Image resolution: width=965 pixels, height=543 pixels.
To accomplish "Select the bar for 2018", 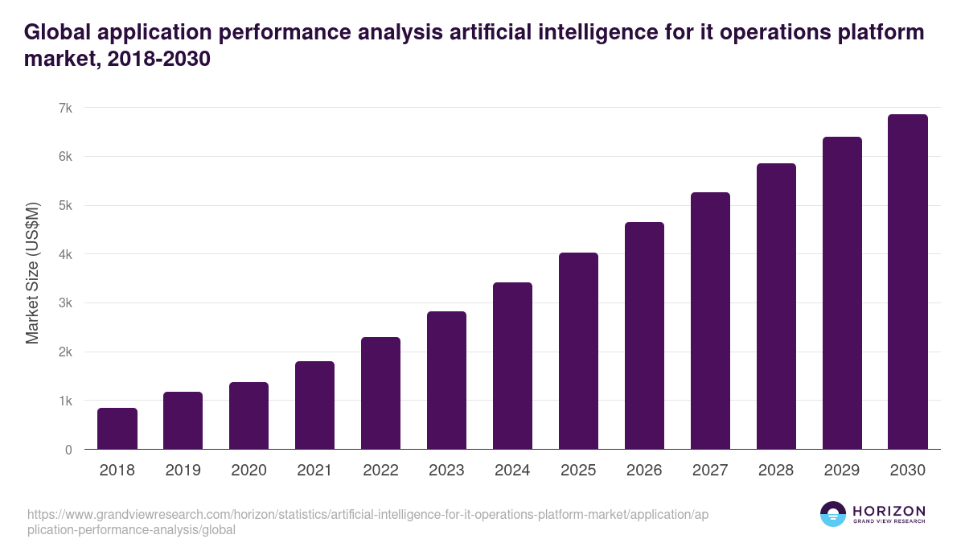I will (117, 429).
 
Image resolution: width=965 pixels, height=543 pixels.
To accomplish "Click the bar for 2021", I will (314, 405).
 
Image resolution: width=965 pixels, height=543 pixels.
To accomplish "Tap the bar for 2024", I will (512, 366).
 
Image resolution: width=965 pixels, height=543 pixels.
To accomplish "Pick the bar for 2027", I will (710, 321).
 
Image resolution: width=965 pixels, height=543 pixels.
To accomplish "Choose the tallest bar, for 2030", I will (908, 282).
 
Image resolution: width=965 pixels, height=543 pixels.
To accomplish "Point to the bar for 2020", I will (248, 416).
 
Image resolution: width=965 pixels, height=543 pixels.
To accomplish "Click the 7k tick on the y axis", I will (65, 108).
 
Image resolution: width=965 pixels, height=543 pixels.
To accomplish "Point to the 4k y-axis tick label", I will (65, 254).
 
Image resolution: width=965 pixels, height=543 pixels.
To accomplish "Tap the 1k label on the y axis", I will (65, 401).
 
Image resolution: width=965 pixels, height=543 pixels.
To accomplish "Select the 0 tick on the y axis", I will (68, 450).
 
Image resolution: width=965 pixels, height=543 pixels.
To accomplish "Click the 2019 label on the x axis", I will (183, 471).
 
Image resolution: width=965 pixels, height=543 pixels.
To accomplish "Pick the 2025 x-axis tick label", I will (578, 471).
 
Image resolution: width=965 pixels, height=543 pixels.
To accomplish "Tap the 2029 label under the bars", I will (842, 471).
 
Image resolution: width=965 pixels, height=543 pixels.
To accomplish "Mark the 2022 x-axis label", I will (380, 471).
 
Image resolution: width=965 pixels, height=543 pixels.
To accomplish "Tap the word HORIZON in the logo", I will (889, 511).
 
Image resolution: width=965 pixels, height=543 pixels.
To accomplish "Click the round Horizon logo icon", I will (833, 514).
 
